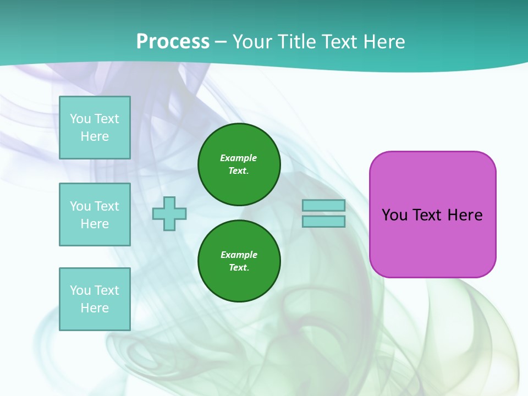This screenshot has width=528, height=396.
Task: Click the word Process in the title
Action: click(x=173, y=42)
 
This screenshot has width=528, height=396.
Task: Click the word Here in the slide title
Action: click(x=383, y=42)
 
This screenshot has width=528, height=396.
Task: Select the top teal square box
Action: click(x=95, y=128)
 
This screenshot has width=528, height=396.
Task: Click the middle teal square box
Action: click(x=95, y=215)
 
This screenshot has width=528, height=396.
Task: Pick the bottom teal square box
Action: click(x=95, y=299)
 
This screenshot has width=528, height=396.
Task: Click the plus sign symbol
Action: click(x=169, y=213)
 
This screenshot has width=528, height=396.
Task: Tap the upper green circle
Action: click(x=239, y=164)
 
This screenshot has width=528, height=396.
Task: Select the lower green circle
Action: click(x=239, y=261)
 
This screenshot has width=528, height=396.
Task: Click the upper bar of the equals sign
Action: click(x=323, y=205)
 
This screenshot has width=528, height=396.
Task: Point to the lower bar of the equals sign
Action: click(x=323, y=221)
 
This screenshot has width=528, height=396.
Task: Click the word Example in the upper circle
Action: click(x=239, y=158)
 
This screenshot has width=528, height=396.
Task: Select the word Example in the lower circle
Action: click(x=239, y=255)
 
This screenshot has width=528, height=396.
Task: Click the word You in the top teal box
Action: click(x=80, y=119)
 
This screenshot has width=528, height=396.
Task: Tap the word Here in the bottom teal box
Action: click(x=95, y=308)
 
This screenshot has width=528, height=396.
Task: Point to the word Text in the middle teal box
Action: click(x=106, y=206)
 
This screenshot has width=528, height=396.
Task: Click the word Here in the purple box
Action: click(x=465, y=215)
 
